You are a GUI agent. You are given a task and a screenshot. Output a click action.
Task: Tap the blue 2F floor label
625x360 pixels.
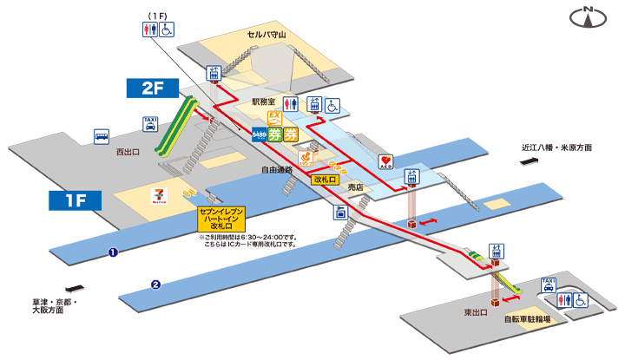pos(153,87)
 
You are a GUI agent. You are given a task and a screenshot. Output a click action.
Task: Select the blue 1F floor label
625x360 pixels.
pos(76,201)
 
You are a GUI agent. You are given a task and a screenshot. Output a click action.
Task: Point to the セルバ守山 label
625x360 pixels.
pos(267,35)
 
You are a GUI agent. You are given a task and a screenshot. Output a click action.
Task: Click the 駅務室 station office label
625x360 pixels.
pos(263,101)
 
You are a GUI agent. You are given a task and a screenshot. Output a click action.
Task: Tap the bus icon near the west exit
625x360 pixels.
pos(102,136)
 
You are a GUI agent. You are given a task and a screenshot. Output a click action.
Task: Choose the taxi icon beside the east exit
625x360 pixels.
pos(548,285)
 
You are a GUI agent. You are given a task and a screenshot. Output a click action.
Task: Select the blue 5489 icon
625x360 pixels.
pos(258,134)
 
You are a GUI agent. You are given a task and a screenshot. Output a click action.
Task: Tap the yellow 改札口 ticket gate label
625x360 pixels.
pos(325,179)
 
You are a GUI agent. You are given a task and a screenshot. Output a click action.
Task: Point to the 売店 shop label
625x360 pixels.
pos(355,187)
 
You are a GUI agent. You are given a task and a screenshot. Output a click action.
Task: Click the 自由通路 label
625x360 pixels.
pos(277,170)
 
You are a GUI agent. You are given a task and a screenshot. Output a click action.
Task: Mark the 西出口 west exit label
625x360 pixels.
pos(128,152)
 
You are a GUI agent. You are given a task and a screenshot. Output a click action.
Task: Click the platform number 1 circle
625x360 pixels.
pos(112,252)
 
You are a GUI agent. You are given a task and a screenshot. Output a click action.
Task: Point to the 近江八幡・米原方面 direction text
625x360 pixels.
pos(556,147)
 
